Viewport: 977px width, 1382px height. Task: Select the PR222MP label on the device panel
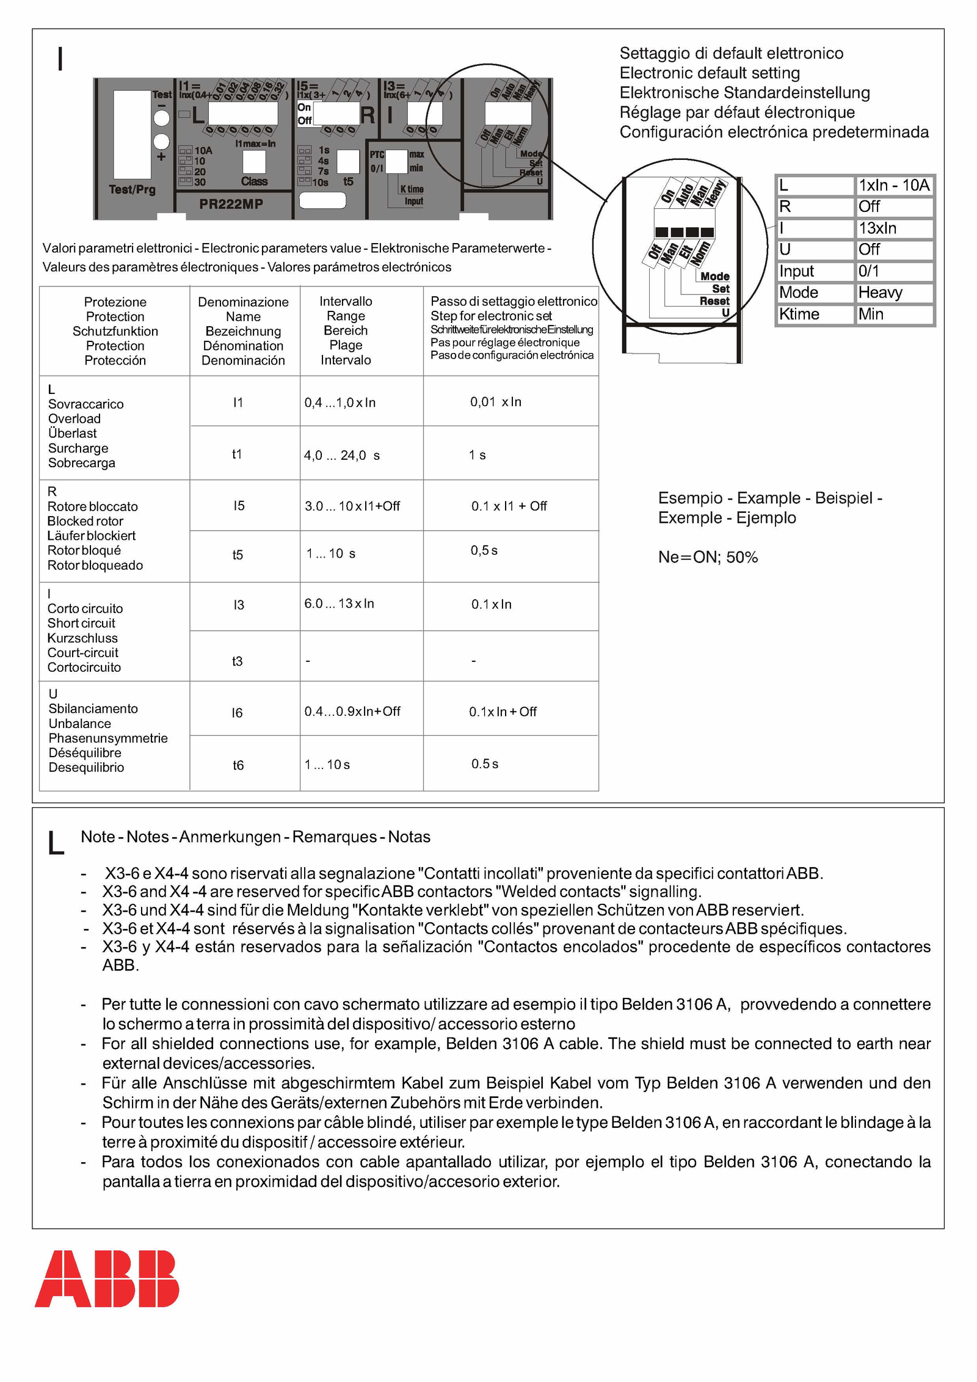231,204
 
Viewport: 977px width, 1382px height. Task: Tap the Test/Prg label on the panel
132,189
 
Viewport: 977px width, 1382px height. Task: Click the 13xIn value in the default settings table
877,228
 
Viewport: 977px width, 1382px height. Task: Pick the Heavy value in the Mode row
880,293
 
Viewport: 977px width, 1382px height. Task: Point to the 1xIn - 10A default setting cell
893,186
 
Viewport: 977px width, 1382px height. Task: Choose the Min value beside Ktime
871,314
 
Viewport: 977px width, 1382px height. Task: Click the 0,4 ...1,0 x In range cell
340,402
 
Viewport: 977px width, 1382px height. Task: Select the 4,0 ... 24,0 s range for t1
342,456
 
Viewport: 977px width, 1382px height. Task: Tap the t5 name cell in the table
238,555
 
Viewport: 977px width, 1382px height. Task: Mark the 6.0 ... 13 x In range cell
340,603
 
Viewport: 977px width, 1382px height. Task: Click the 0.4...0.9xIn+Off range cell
352,711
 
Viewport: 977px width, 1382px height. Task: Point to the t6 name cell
238,765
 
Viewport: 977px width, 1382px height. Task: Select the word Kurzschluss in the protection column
82,638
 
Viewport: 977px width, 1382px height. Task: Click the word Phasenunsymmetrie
108,738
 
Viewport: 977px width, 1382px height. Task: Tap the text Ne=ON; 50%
708,557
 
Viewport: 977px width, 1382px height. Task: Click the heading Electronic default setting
710,73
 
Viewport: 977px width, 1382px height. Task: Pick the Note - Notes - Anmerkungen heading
255,837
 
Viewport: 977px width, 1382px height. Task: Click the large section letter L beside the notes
56,843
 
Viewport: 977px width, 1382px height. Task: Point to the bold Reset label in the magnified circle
714,301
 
